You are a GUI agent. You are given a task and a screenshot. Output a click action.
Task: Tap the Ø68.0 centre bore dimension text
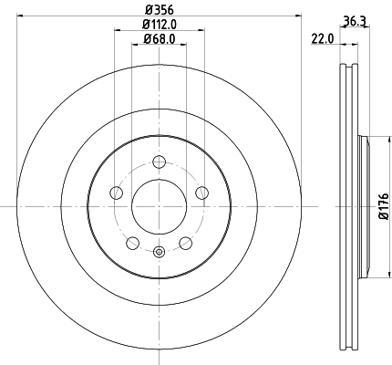click(x=160, y=38)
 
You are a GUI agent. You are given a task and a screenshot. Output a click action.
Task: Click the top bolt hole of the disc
click(x=160, y=162)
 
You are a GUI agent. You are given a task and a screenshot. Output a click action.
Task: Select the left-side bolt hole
click(x=116, y=193)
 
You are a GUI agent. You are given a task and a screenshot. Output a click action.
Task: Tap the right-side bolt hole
click(x=203, y=193)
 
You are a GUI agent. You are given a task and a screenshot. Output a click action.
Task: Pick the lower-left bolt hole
click(x=133, y=243)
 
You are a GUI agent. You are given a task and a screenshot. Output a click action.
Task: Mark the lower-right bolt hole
click(x=186, y=243)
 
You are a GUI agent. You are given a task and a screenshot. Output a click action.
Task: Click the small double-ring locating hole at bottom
click(x=160, y=253)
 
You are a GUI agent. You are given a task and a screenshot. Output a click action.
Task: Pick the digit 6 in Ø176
click(x=384, y=193)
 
